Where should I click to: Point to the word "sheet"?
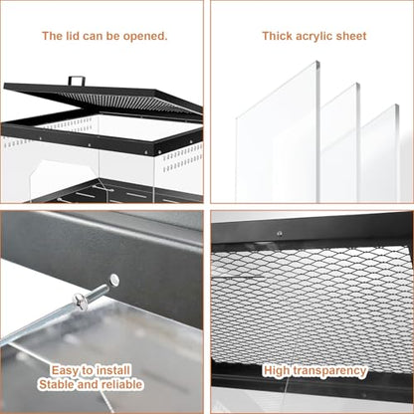click(351, 36)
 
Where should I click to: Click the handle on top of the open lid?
click(77, 81)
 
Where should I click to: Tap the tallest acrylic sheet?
click(278, 132)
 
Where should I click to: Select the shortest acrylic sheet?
click(380, 153)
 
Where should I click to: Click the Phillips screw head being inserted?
click(81, 302)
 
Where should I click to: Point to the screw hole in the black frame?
click(114, 280)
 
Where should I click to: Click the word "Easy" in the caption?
click(65, 370)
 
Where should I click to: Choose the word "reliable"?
click(122, 384)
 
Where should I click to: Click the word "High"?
click(277, 370)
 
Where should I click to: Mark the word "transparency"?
click(329, 371)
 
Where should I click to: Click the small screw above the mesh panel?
click(280, 234)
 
